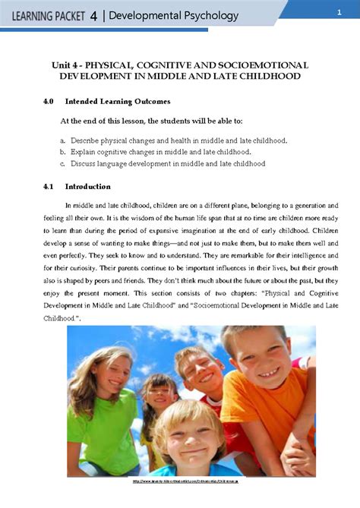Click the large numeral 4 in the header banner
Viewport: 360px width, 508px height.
pos(93,16)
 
